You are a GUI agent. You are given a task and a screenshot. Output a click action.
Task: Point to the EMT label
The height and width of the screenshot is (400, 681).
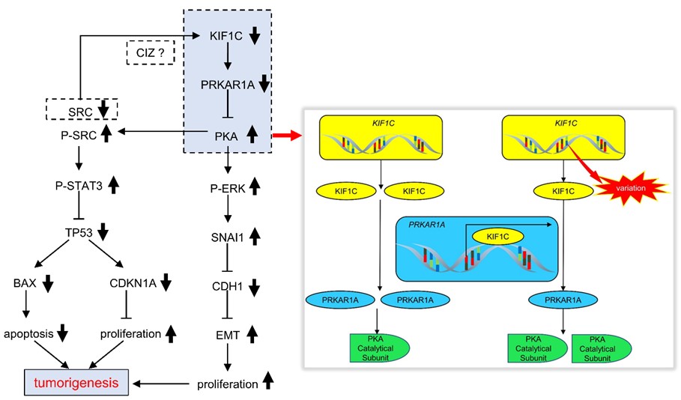coord(226,334)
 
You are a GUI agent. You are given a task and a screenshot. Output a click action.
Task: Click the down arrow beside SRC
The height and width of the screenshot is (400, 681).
coord(103,109)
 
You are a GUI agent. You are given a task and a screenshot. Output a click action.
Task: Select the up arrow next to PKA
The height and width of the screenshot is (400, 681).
coord(252,135)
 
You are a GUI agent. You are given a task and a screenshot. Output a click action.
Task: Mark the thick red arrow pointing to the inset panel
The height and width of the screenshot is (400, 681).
coord(285,136)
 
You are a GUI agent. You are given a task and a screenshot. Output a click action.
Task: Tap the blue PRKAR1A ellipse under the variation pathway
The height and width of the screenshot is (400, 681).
coord(564,300)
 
